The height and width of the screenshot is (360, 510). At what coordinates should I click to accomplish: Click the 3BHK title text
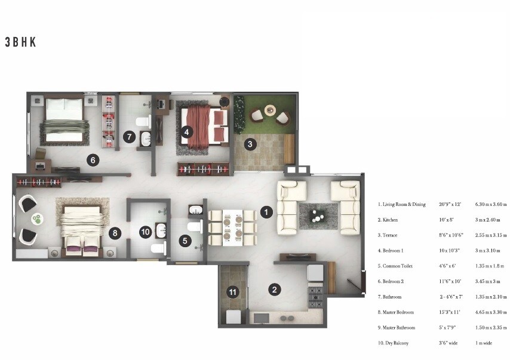coord(21,42)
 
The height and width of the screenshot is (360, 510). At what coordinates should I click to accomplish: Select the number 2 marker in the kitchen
coord(274,290)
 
